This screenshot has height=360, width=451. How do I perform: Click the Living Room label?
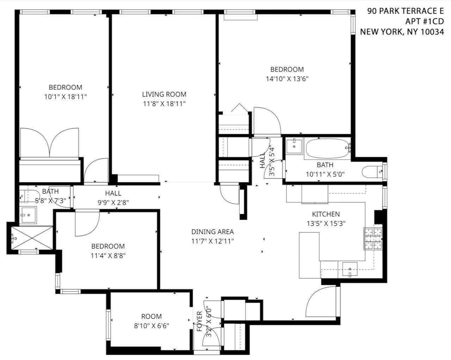tap(164, 94)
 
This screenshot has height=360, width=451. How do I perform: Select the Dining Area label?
tap(212, 231)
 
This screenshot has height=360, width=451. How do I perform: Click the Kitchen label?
tap(326, 214)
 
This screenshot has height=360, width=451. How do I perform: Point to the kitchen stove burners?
tap(373, 238)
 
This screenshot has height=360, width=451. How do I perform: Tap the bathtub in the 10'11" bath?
tap(327, 149)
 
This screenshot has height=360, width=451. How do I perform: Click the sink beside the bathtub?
tap(294, 146)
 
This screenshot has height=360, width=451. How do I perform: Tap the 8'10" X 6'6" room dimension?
tap(152, 326)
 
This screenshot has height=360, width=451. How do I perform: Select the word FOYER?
tap(199, 321)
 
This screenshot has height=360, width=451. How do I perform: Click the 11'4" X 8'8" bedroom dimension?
tap(108, 256)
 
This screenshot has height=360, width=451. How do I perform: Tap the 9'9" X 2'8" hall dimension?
tap(113, 203)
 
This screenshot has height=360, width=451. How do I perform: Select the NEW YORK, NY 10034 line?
tap(402, 32)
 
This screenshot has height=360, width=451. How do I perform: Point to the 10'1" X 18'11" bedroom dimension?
tap(66, 97)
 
